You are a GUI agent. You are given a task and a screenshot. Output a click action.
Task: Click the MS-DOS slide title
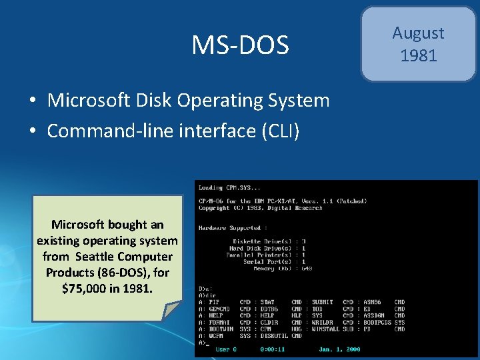click(x=240, y=45)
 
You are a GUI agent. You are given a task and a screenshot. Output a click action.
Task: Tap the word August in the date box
click(x=418, y=33)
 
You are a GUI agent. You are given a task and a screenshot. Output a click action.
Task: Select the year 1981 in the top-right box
click(x=418, y=55)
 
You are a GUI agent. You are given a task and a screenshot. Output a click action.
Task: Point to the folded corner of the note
click(x=172, y=310)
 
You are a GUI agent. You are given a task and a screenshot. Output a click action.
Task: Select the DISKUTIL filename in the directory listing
click(x=273, y=335)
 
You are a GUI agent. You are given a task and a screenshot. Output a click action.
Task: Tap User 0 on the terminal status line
click(x=226, y=349)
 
